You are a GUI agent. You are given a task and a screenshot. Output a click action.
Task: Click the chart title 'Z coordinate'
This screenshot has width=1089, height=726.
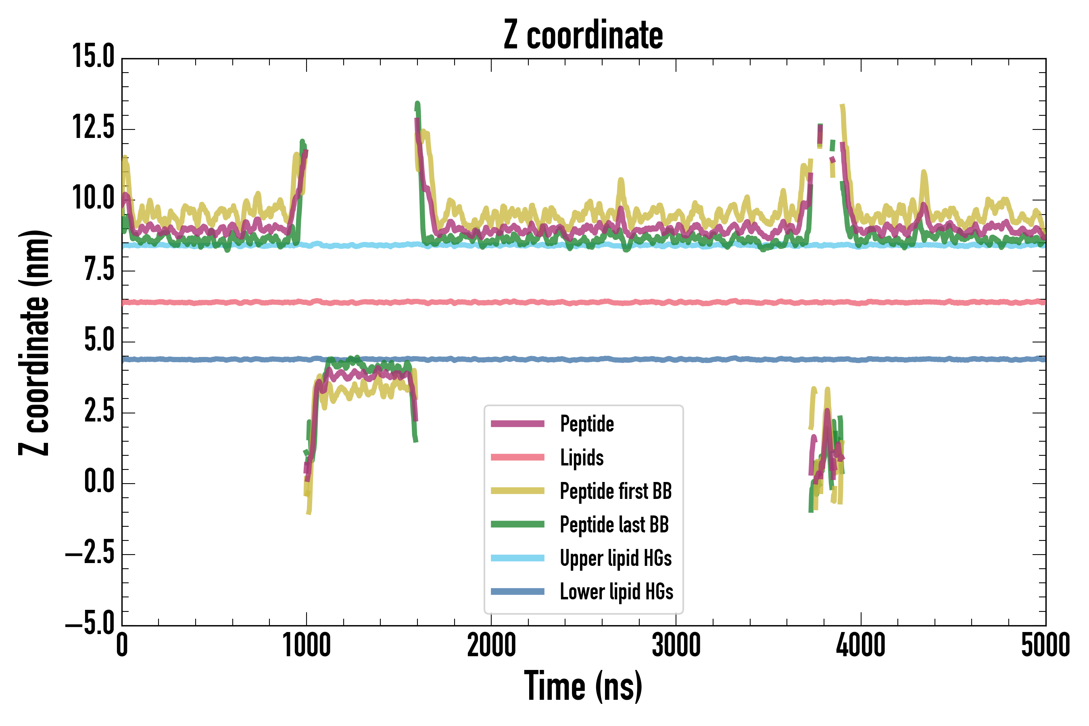tap(583, 35)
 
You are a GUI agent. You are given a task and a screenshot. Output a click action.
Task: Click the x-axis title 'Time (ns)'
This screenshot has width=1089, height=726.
tap(583, 686)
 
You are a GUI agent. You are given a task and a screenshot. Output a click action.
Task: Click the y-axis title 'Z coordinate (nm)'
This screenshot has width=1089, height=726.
tap(34, 342)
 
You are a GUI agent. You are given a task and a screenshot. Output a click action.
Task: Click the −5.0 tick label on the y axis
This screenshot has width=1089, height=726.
tap(90, 624)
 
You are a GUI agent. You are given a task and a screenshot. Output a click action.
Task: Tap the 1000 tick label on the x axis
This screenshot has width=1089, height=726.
tap(307, 645)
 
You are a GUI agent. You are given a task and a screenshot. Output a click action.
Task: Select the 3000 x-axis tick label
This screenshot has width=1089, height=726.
tap(676, 645)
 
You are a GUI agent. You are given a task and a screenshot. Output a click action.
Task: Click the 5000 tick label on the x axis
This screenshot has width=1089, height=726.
tap(1045, 645)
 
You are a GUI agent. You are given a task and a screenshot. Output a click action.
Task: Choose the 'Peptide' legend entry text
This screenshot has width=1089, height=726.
tap(586, 423)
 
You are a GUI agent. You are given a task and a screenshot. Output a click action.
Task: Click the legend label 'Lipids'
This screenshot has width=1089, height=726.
tap(582, 457)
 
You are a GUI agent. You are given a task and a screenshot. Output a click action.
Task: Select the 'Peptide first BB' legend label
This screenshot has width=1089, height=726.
tap(615, 491)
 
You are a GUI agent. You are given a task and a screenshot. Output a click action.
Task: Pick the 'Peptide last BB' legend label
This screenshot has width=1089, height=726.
tap(614, 525)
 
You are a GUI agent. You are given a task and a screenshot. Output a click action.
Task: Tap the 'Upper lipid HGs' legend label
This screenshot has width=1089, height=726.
tap(615, 558)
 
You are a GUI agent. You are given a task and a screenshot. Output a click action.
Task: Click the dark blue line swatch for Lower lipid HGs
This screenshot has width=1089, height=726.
tap(517, 591)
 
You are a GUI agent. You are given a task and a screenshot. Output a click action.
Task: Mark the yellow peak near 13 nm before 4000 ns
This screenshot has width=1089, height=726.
tap(842, 107)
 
